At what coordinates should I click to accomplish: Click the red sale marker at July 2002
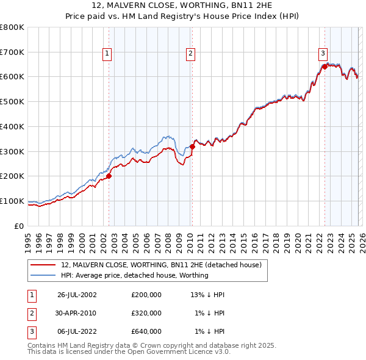coord(109,176)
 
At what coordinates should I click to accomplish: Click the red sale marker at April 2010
coord(192,146)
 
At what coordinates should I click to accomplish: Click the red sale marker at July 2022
coord(325,67)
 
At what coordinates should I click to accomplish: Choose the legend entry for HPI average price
coord(135,275)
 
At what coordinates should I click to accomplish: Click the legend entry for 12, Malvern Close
coord(161,265)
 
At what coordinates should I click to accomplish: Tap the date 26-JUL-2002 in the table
coord(77,295)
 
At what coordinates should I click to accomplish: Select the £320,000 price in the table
coord(146,313)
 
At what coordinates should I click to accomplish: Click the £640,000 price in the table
coord(146,331)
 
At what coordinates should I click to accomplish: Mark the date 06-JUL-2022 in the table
coord(77,331)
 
